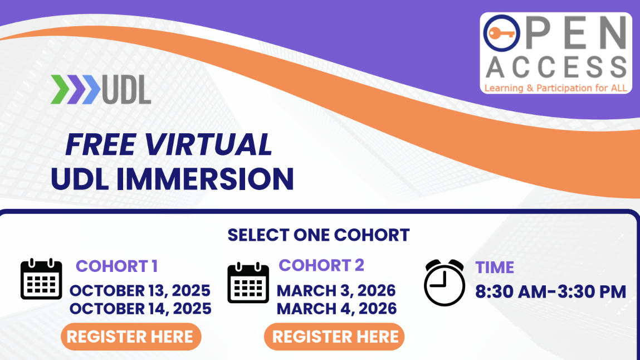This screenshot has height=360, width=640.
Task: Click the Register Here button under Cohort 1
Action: [x=130, y=337]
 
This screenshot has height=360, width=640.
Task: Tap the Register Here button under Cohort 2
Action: [x=334, y=337]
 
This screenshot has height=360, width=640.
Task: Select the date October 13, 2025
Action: [x=140, y=290]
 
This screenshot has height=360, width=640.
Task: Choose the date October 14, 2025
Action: [x=140, y=308]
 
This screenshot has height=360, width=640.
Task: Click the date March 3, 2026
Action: [x=336, y=290]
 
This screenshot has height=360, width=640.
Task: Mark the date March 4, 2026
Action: [x=337, y=308]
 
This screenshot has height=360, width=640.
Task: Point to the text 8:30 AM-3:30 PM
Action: [x=551, y=291]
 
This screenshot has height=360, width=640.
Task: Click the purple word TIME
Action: [x=495, y=267]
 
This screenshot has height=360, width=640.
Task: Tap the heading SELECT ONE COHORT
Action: [x=319, y=235]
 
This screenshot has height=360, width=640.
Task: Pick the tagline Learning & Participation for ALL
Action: [x=556, y=87]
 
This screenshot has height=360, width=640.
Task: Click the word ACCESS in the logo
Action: [x=556, y=67]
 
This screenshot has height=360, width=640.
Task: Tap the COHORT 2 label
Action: [x=321, y=265]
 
